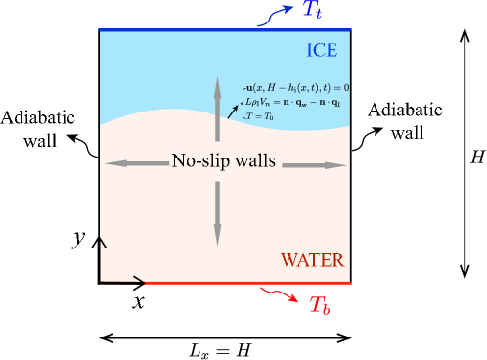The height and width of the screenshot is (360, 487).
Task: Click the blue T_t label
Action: tap(311, 11)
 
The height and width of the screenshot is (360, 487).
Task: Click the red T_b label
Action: tap(320, 305)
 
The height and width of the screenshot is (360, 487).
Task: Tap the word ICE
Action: tap(322, 51)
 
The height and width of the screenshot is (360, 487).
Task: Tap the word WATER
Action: tap(312, 260)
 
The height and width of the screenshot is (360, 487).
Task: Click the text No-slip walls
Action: tap(223, 161)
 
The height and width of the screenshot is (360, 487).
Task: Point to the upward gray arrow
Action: tap(218, 108)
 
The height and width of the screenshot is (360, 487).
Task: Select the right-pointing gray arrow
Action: tap(314, 164)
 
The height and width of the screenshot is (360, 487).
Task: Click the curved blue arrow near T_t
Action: tap(276, 15)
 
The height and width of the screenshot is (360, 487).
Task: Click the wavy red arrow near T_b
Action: tap(282, 294)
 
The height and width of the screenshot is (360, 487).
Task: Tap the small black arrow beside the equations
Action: tap(232, 111)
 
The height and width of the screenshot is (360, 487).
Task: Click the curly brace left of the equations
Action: tap(242, 102)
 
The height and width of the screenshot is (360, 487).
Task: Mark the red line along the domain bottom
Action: tap(248, 283)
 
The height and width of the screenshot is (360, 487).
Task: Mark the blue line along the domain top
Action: tap(225, 30)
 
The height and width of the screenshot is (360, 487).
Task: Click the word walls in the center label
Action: tap(252, 161)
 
